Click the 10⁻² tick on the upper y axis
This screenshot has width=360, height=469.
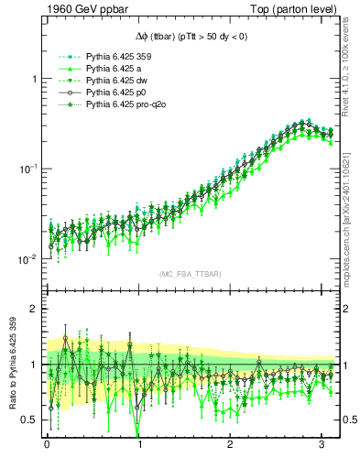(27, 259)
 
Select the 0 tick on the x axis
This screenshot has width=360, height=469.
(47, 449)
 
